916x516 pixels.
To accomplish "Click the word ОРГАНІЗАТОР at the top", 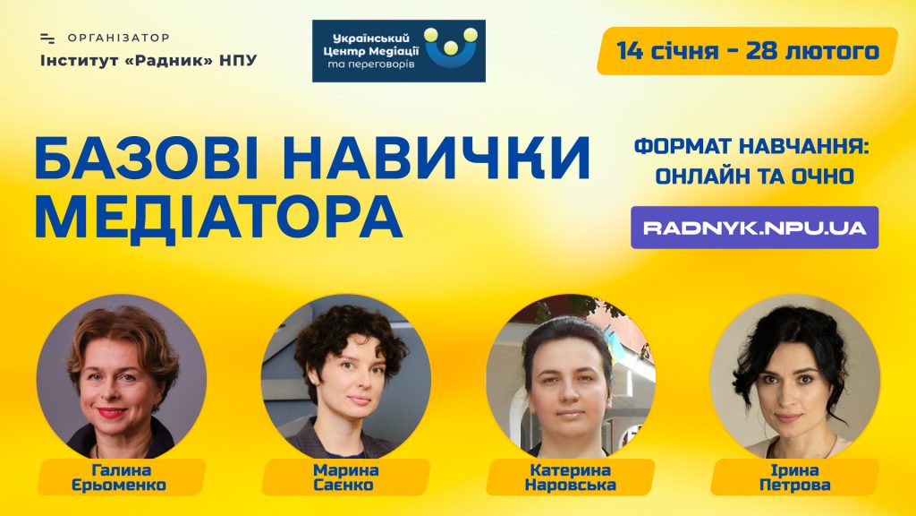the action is pyautogui.click(x=119, y=38).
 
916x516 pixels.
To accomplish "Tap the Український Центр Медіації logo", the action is pyautogui.click(x=398, y=51).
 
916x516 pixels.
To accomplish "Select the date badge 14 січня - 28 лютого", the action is pyautogui.click(x=747, y=51).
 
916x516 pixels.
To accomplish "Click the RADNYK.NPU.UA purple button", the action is pyautogui.click(x=754, y=227).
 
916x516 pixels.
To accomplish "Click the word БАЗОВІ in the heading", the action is pyautogui.click(x=147, y=158).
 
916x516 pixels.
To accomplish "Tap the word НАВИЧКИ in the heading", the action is pyautogui.click(x=437, y=158).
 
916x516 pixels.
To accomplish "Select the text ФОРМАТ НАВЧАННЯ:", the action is pyautogui.click(x=751, y=147).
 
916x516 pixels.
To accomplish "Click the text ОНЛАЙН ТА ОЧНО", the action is pyautogui.click(x=754, y=176).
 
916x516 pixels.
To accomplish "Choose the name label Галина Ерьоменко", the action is pyautogui.click(x=121, y=477).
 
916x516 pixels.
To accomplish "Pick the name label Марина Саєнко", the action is pyautogui.click(x=346, y=477).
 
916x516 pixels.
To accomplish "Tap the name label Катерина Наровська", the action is pyautogui.click(x=570, y=477).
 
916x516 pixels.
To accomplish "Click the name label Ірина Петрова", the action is pyautogui.click(x=795, y=477).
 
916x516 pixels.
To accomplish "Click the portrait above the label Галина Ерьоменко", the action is pyautogui.click(x=122, y=378).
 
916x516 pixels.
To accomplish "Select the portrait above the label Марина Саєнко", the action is pyautogui.click(x=346, y=378).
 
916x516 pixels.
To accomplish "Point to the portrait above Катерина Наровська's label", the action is pyautogui.click(x=570, y=378).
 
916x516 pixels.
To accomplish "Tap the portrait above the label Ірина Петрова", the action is pyautogui.click(x=794, y=378).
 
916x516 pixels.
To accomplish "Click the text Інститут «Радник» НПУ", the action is pyautogui.click(x=148, y=60).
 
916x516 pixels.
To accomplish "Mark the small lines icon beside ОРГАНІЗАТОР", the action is pyautogui.click(x=47, y=39).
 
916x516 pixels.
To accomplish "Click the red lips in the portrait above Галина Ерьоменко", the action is pyautogui.click(x=111, y=412).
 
